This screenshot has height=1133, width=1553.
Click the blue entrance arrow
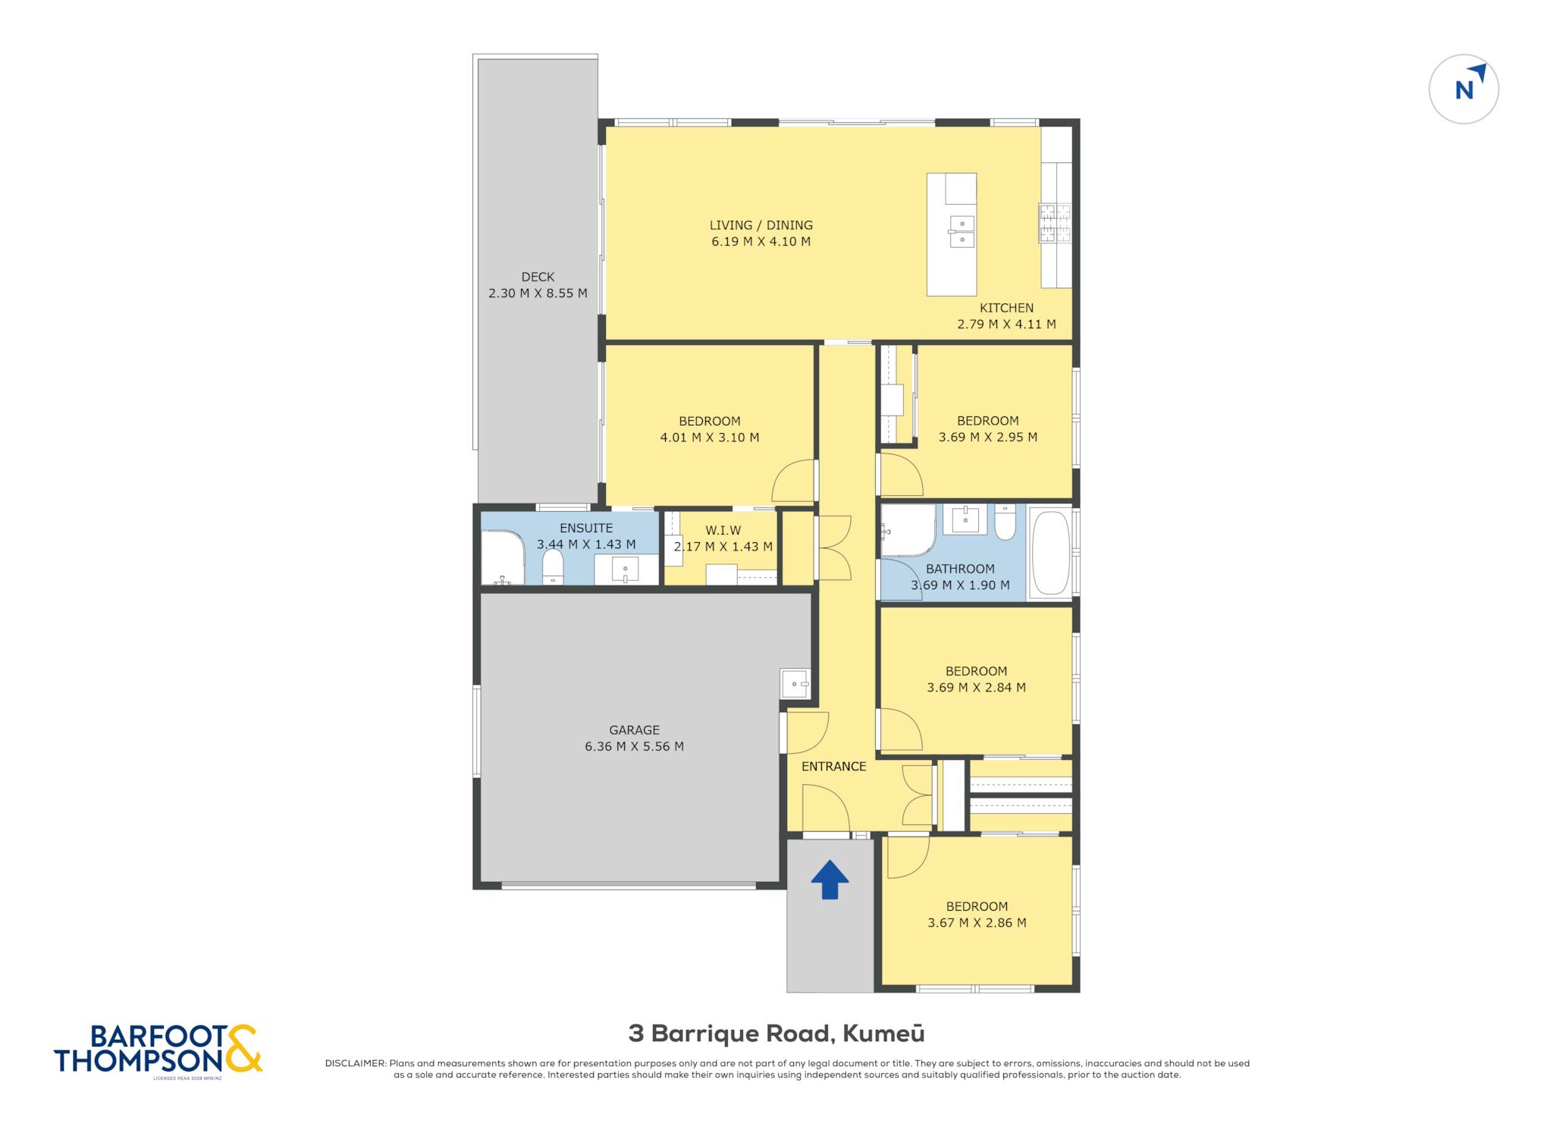tap(830, 880)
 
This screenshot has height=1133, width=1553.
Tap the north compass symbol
tap(1464, 89)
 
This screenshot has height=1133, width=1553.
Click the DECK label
tap(538, 277)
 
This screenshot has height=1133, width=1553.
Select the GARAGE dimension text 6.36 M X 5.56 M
tap(634, 746)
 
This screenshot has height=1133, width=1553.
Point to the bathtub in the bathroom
tap(1050, 553)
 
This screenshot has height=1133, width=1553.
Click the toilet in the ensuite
tap(553, 566)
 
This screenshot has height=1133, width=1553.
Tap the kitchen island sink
tap(962, 231)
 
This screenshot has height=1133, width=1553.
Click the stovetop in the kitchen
tap(1055, 223)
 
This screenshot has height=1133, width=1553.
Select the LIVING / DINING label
tap(761, 225)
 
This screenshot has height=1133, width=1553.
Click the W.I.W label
tap(723, 531)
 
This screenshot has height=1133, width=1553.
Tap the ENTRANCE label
tap(833, 767)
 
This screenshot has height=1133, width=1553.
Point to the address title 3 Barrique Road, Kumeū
tap(776, 1034)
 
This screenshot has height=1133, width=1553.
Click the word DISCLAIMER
tap(356, 1063)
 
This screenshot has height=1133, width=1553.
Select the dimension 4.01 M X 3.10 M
tap(710, 438)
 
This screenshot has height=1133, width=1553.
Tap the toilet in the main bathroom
tap(1005, 523)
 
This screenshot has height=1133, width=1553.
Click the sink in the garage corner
tap(795, 683)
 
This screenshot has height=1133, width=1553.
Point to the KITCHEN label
tap(1006, 308)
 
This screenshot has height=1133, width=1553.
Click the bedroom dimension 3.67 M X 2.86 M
tap(977, 923)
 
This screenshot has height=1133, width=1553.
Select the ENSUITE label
tap(586, 529)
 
